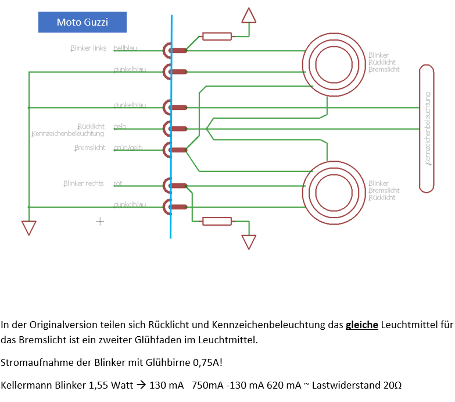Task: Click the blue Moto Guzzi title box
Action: click(82, 22)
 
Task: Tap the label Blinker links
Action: click(88, 48)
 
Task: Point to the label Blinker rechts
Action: click(83, 184)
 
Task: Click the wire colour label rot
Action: click(118, 184)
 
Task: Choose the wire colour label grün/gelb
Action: click(128, 148)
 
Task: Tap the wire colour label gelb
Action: click(120, 126)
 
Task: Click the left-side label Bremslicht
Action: click(90, 148)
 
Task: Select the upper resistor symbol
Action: click(216, 37)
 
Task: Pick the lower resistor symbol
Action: click(216, 220)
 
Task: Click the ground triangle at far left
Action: click(28, 227)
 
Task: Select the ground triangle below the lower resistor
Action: click(249, 241)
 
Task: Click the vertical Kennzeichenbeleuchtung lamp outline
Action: click(427, 128)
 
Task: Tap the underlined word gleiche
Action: click(361, 325)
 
